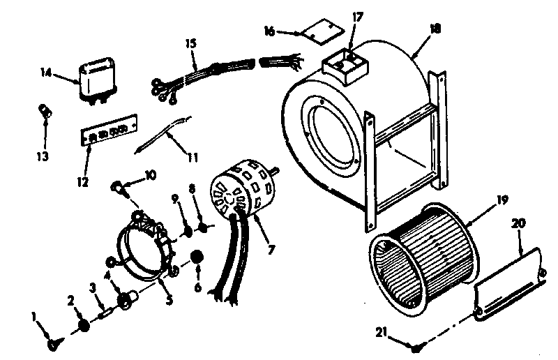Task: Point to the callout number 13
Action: [x=43, y=156]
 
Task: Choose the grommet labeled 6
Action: [x=198, y=257]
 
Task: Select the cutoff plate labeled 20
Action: [x=507, y=287]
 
